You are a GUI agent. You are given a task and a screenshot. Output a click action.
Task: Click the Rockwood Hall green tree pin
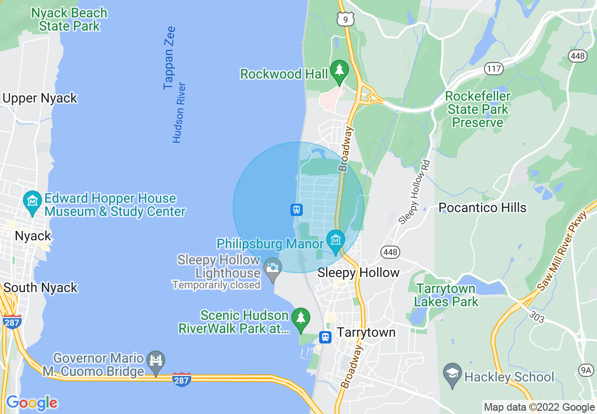(x=339, y=70)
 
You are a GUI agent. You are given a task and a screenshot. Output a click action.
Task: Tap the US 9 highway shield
(x=345, y=19)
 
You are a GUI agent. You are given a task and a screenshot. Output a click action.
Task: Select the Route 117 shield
(x=494, y=69)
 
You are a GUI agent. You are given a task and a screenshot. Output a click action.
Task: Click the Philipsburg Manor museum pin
(x=335, y=241)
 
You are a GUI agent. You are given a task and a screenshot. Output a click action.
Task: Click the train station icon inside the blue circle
(x=296, y=209)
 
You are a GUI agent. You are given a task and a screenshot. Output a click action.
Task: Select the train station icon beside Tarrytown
(x=325, y=337)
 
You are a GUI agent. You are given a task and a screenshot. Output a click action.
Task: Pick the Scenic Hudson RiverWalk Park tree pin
(x=301, y=318)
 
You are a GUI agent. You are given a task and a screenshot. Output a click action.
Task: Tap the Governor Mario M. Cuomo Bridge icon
(x=155, y=361)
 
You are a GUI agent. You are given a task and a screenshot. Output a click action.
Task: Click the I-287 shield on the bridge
(x=182, y=379)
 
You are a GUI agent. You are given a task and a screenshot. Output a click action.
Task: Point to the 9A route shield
(x=586, y=371)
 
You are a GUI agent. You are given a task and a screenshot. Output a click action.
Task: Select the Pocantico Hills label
(x=482, y=207)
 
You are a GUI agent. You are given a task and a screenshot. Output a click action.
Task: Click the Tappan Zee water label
(x=169, y=58)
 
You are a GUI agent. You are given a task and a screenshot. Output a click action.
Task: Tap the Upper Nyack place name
(x=40, y=98)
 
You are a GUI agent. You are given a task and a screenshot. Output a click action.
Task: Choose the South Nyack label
(x=40, y=287)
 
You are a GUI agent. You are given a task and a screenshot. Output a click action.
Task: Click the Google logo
(x=32, y=403)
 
